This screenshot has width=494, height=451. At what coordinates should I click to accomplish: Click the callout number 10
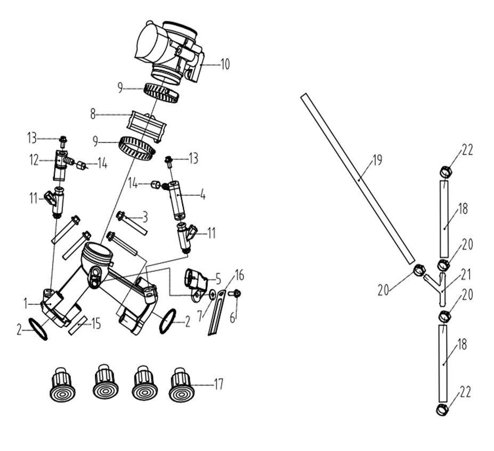coord(225,65)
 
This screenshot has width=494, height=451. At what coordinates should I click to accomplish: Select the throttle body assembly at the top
coord(170,53)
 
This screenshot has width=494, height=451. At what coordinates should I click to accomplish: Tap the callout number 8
coord(93,114)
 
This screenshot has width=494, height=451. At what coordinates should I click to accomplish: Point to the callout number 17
coord(218,384)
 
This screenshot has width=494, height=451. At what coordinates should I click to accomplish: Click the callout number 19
coord(377,160)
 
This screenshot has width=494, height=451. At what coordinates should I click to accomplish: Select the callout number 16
coord(239,276)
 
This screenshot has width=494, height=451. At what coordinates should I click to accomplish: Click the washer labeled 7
coord(213,295)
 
